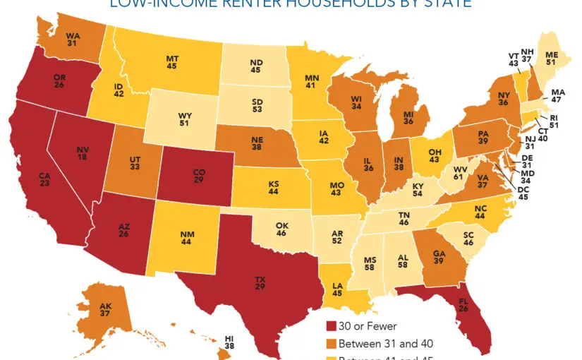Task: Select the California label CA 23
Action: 47,180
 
